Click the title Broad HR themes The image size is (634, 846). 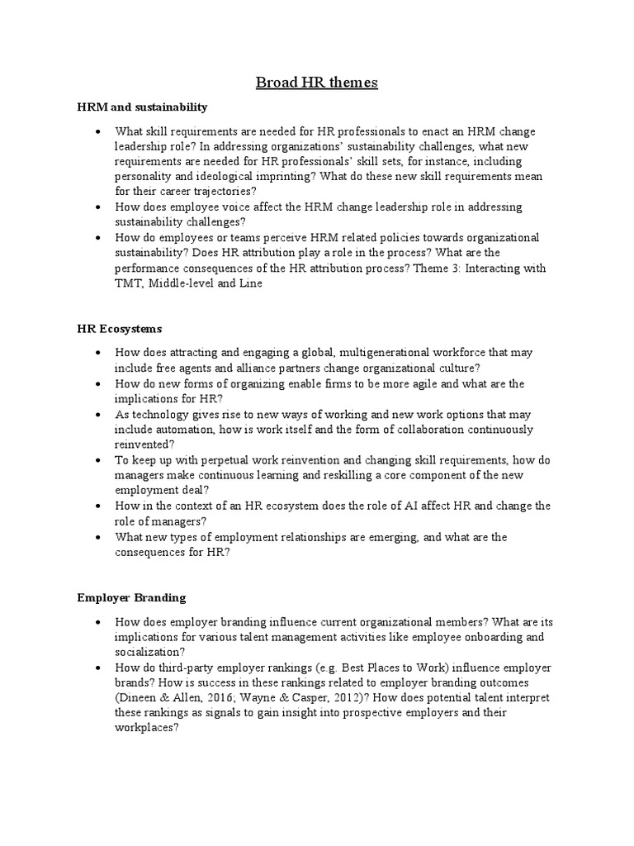[316, 82]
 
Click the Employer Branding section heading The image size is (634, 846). [131, 597]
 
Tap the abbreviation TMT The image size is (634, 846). [130, 283]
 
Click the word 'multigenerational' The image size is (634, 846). [380, 353]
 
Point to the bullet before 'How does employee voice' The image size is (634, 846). [98, 207]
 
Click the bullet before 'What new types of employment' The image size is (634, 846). [98, 538]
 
